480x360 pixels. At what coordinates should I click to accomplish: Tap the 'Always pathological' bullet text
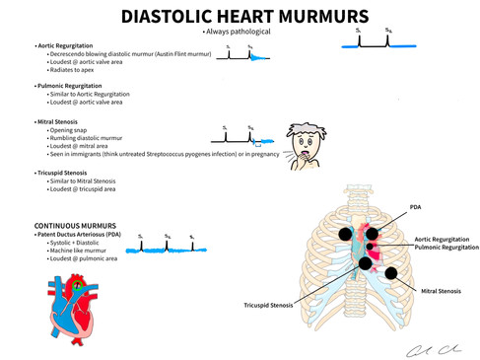[x=239, y=34]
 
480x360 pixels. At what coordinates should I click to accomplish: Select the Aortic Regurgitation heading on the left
[x=72, y=46]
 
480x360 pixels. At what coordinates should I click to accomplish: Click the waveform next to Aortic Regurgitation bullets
[x=243, y=56]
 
